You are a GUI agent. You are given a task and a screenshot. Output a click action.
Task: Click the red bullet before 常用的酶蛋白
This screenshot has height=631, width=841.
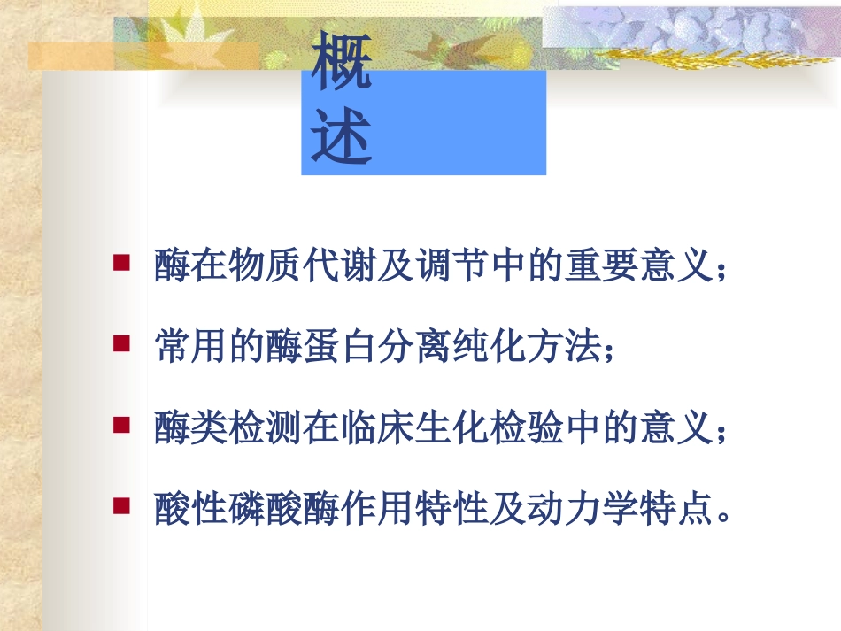tap(122, 342)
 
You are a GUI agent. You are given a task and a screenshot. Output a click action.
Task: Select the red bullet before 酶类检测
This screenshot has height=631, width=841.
tap(122, 426)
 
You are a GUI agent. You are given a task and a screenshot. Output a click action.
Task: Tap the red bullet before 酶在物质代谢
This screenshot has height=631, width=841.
tap(122, 261)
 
